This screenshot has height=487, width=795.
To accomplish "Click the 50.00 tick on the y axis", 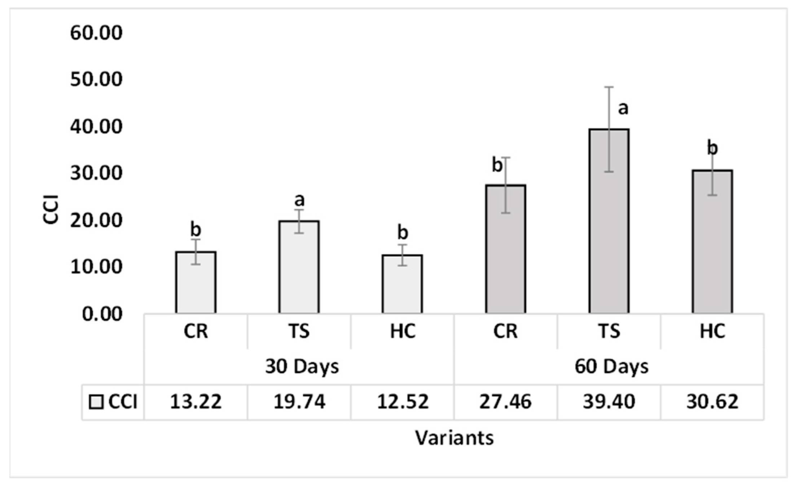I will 96,79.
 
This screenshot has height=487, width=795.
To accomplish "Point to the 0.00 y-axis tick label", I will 102,314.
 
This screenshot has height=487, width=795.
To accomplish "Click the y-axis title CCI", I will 51,209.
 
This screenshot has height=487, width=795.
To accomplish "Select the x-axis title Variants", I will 454,438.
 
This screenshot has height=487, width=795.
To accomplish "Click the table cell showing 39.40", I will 609,402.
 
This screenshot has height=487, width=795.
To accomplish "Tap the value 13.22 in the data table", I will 196,402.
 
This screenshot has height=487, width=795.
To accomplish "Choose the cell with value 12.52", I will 403,402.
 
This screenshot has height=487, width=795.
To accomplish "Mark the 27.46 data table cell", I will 505,402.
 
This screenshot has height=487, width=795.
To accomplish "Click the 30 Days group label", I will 302,367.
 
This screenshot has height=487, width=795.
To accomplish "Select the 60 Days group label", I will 612,367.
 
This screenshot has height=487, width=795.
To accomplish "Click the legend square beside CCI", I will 96,402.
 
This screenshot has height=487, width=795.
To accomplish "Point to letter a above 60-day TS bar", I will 623,108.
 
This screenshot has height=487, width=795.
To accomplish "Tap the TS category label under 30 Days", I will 299,331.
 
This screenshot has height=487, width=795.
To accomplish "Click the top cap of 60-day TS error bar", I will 609,87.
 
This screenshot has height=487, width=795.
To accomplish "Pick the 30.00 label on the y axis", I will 96,173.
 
